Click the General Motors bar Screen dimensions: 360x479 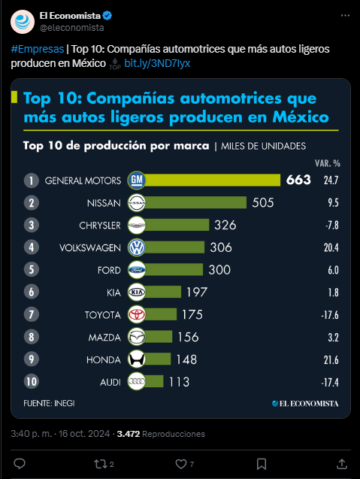[212, 180]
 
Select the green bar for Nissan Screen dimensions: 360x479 [195, 202]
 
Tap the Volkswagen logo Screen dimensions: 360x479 [137, 247]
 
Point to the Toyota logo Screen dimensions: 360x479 [137, 314]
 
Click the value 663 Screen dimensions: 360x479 [298, 180]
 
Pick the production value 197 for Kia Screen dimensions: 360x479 [197, 293]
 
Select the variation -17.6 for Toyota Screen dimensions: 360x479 [330, 315]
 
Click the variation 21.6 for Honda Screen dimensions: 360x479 [331, 360]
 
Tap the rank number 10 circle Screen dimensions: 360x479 [32, 381]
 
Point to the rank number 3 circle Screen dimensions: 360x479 [32, 225]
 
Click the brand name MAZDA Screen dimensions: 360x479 [104, 338]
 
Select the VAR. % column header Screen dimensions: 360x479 [328, 163]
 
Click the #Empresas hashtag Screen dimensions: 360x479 [38, 49]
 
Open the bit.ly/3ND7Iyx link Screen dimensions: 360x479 [157, 63]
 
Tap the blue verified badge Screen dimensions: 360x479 [107, 16]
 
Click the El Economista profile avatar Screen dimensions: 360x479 [23, 22]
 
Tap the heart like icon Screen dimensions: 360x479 [181, 464]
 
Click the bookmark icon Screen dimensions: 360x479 [262, 464]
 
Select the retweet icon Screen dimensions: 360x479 [100, 464]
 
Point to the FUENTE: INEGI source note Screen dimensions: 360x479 [49, 403]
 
